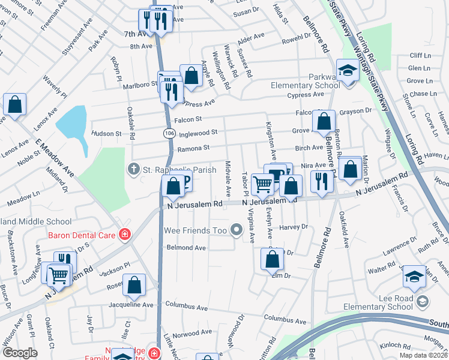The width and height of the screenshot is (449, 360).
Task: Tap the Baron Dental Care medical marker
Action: click(x=124, y=235)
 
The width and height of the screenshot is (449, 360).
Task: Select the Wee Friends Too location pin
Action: click(x=237, y=229)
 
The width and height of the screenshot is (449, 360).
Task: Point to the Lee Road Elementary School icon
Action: click(x=421, y=301)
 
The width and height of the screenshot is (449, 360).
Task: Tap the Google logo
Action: click(x=20, y=353)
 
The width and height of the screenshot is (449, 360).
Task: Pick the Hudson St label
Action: click(x=106, y=134)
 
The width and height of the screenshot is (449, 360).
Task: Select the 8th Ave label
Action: click(x=142, y=46)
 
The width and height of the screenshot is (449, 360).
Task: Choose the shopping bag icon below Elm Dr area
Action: click(x=272, y=260)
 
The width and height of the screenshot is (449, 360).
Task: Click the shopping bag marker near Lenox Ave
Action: click(x=14, y=104)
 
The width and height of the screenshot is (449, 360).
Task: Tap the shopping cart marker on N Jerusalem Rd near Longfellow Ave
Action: click(x=58, y=276)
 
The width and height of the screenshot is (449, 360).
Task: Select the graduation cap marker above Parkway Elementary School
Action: click(x=348, y=70)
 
